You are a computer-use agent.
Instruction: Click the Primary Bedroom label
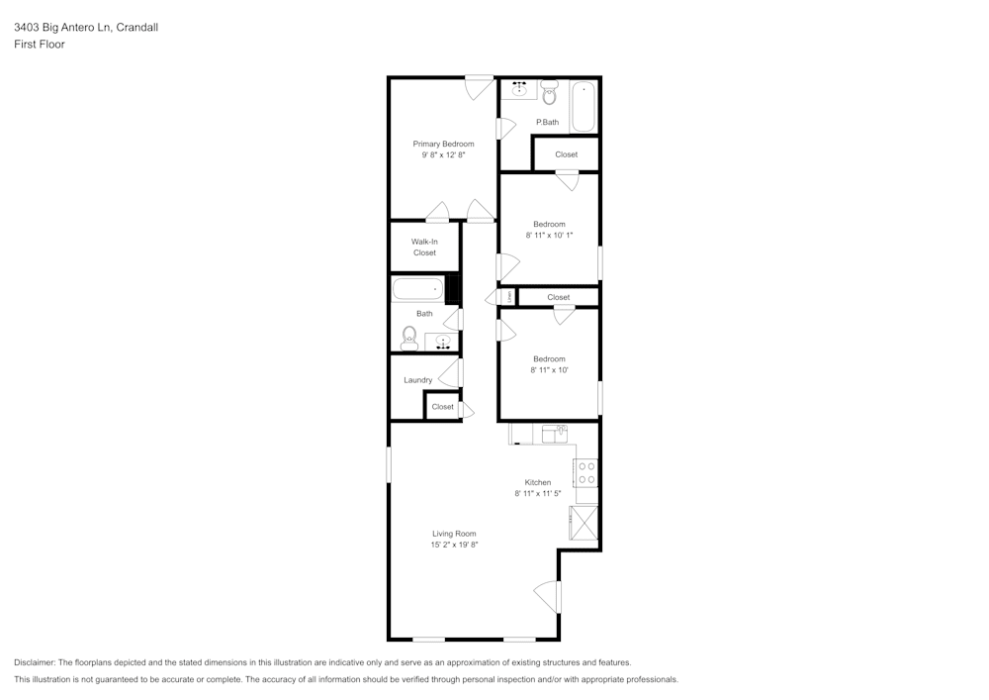(443, 144)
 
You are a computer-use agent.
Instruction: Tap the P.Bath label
(547, 123)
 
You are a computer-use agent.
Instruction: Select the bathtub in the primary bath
(583, 107)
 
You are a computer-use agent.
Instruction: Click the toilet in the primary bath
(550, 94)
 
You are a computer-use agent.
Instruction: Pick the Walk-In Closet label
(424, 247)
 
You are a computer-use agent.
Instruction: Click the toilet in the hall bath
(409, 340)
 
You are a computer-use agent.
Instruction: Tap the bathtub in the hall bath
(417, 290)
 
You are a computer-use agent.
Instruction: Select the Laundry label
(417, 380)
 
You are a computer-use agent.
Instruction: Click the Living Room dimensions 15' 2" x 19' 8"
(454, 545)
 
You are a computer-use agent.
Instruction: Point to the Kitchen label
(538, 482)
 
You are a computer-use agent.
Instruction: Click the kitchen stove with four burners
(586, 473)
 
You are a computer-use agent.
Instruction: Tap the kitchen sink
(555, 433)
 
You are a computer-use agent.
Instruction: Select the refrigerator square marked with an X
(584, 522)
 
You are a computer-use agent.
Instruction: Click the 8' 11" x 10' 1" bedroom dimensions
(549, 236)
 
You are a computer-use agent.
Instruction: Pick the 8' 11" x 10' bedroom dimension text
(549, 370)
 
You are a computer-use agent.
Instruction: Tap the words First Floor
(40, 45)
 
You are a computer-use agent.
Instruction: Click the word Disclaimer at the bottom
(35, 662)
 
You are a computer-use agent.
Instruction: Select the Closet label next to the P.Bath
(566, 154)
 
